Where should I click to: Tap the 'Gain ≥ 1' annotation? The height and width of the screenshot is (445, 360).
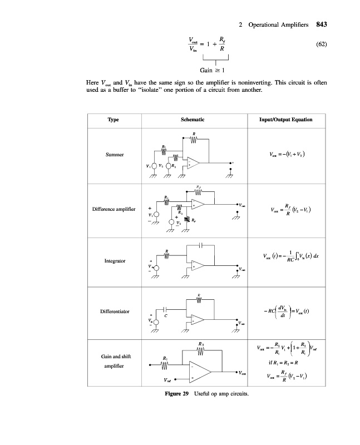212,71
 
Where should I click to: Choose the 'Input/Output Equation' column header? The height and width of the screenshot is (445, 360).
285,120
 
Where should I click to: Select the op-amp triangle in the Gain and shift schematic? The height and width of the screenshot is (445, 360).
200,372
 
